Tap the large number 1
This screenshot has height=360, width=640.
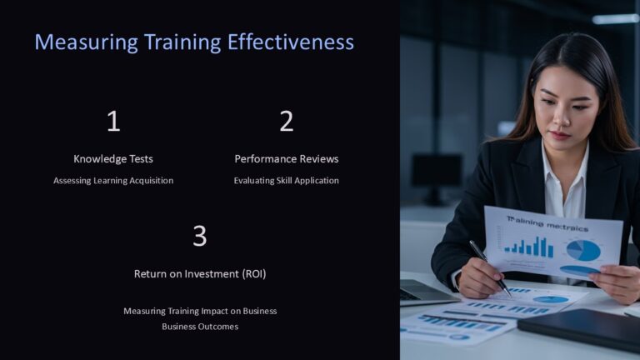click(113, 122)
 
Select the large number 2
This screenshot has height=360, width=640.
click(286, 122)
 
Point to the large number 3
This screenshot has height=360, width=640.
click(200, 237)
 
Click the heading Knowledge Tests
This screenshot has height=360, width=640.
click(113, 159)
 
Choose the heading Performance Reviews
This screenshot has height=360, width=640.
click(286, 159)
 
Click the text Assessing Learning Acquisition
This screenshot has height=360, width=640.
click(113, 181)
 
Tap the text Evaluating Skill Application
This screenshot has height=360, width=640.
click(286, 181)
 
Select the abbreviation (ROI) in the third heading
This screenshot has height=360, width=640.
click(250, 273)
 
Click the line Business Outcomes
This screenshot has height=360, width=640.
click(200, 327)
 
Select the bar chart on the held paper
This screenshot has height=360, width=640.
click(528, 246)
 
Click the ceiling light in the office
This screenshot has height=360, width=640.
click(616, 18)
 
